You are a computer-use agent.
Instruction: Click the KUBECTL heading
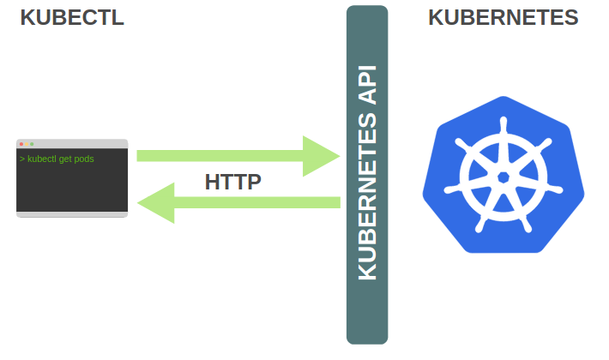pyautogui.click(x=72, y=18)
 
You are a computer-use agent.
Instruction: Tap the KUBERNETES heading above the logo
pyautogui.click(x=503, y=18)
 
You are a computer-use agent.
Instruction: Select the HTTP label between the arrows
pyautogui.click(x=233, y=182)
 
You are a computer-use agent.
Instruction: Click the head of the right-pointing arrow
pyautogui.click(x=323, y=156)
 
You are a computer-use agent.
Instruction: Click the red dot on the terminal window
pyautogui.click(x=21, y=143)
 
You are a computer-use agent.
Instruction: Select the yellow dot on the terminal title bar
pyautogui.click(x=27, y=143)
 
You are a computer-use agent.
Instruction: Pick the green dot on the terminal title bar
pyautogui.click(x=32, y=143)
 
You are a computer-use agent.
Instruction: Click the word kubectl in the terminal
pyautogui.click(x=42, y=159)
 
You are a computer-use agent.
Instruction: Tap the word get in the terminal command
pyautogui.click(x=66, y=159)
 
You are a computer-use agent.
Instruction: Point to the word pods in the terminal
pyautogui.click(x=84, y=159)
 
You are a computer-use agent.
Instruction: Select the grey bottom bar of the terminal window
pyautogui.click(x=72, y=214)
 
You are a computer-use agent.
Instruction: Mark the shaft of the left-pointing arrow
pyautogui.click(x=257, y=202)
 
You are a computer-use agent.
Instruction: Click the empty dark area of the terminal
pyautogui.click(x=72, y=189)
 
